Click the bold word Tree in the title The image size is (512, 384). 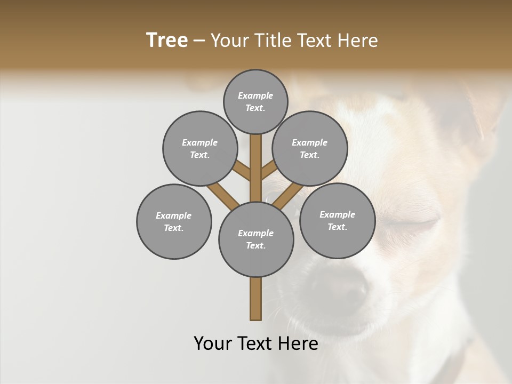click(167, 40)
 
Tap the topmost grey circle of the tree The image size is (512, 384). click(255, 101)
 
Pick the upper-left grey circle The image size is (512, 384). click(200, 148)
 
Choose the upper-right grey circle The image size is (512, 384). click(310, 148)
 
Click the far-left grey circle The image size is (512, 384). click(174, 221)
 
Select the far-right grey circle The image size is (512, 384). click(337, 220)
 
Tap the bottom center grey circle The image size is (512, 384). click(256, 239)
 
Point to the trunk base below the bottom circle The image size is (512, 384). click(256, 299)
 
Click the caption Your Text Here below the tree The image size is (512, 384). click(256, 343)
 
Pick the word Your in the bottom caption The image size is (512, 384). click(213, 343)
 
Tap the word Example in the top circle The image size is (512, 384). click(255, 95)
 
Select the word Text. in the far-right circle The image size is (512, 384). click(337, 227)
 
